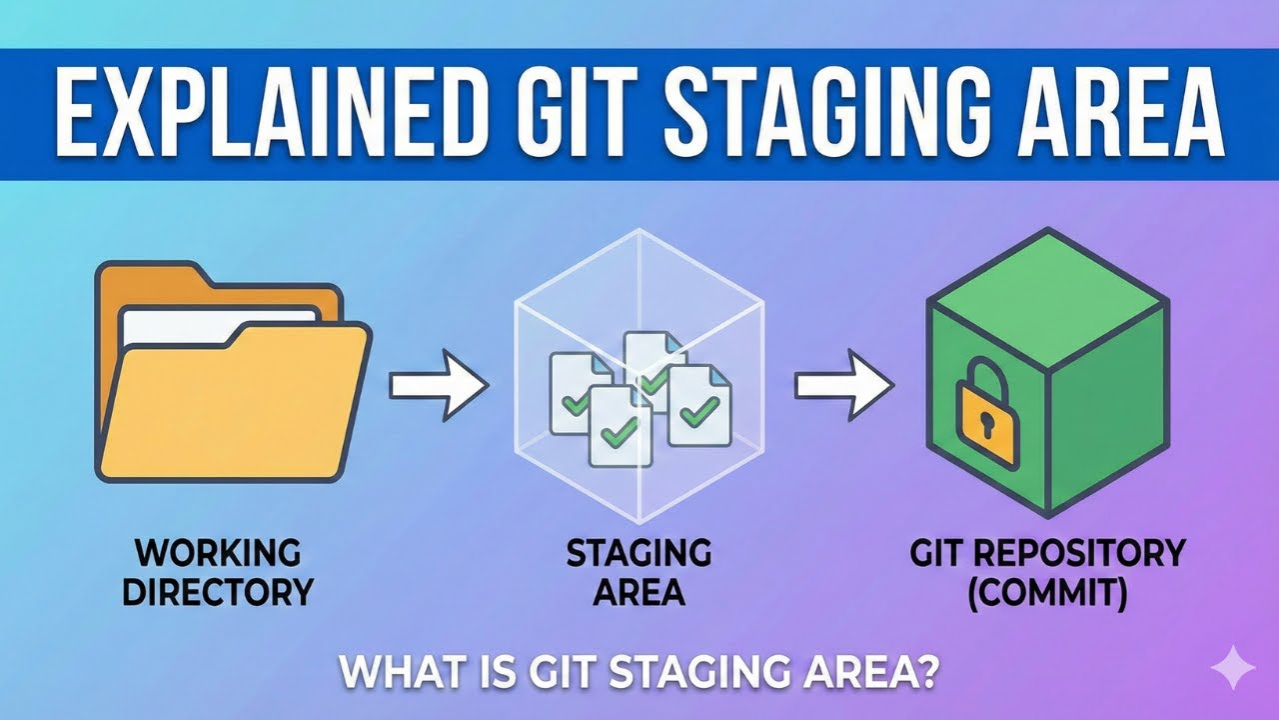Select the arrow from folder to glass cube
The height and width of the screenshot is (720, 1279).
pyautogui.click(x=436, y=384)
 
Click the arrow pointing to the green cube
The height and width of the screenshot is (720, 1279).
pyautogui.click(x=842, y=382)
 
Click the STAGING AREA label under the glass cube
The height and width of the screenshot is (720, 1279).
pyautogui.click(x=639, y=572)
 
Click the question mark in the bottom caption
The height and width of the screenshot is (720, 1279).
pyautogui.click(x=926, y=671)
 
